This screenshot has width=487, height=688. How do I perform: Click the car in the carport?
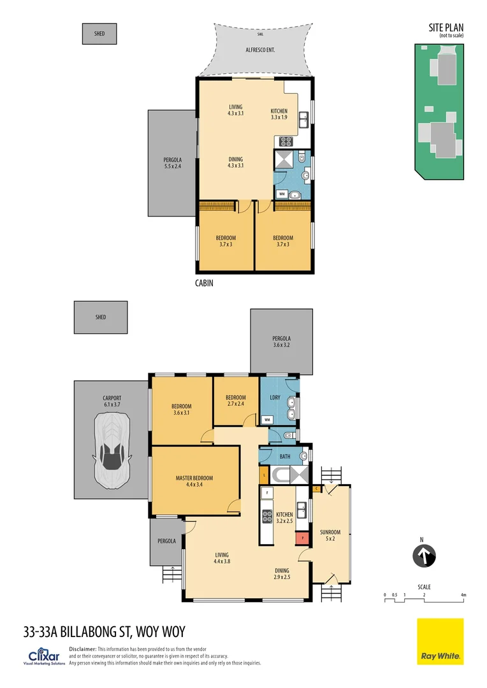[112, 449]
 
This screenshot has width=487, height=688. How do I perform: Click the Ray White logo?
[440, 641]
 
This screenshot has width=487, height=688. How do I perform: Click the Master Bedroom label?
[194, 482]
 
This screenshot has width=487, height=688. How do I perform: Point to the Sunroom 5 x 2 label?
[330, 536]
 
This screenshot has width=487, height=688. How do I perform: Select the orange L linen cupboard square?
[263, 475]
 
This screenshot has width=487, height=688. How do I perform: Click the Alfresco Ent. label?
[261, 49]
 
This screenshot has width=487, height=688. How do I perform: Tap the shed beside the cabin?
[99, 34]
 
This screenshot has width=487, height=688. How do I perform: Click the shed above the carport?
[101, 317]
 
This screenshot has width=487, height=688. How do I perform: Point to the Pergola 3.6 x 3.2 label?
[281, 342]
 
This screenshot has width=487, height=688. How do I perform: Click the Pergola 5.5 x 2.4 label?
[172, 163]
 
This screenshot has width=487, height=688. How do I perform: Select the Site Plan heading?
[446, 27]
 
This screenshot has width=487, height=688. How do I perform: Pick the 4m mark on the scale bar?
[463, 595]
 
